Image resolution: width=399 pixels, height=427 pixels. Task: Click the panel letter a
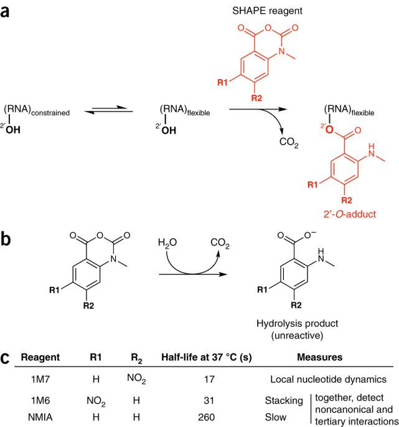tap(8, 11)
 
